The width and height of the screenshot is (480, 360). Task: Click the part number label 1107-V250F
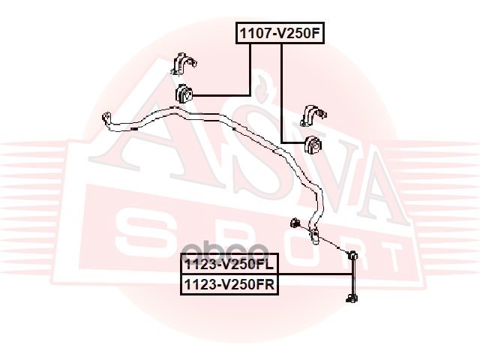coord(280,33)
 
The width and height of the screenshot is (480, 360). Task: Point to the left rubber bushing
coord(184,95)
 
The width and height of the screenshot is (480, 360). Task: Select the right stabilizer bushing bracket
coord(312,115)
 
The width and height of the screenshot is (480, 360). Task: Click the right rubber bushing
coord(314,142)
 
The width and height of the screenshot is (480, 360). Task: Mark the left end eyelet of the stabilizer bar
coord(107,118)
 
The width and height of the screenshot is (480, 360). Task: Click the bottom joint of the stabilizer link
coord(350,300)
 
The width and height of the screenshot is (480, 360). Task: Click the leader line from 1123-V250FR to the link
coord(315,275)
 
